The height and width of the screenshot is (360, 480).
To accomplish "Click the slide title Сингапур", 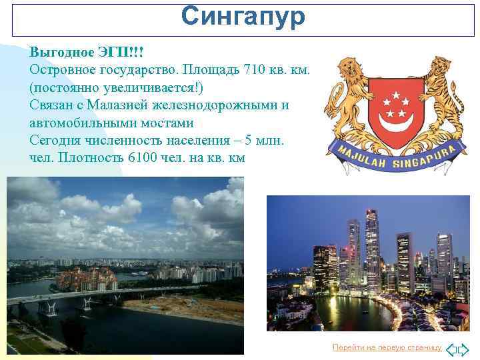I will (243, 17).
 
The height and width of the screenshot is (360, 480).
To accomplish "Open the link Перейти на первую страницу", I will (387, 347).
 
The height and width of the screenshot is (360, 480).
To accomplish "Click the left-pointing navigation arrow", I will (451, 349).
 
